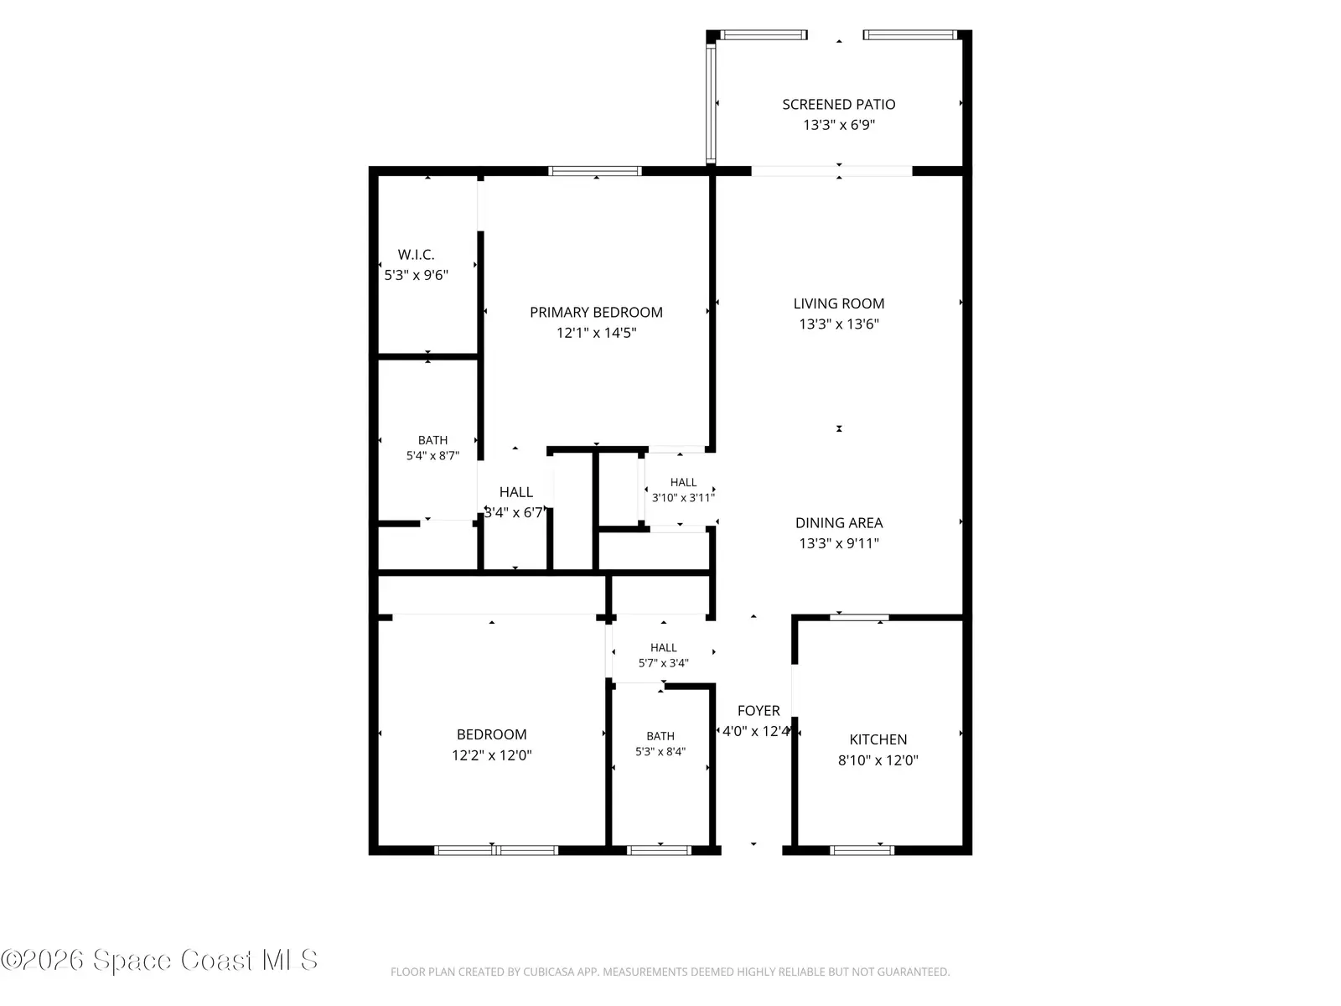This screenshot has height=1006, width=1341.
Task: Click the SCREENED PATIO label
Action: tap(838, 105)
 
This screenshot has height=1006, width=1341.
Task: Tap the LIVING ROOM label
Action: tap(838, 303)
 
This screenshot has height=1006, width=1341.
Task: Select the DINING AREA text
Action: tap(838, 523)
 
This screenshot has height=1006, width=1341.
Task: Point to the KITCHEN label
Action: tap(878, 739)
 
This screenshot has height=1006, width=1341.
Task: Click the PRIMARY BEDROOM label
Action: tap(596, 312)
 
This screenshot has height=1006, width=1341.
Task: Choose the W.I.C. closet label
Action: tap(416, 255)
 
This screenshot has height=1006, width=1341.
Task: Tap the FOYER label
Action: tap(759, 711)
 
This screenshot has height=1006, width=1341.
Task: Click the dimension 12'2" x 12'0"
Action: tap(491, 755)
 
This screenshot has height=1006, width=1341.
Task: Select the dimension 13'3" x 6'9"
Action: tap(838, 125)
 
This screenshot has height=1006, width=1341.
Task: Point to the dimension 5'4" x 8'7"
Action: tap(432, 456)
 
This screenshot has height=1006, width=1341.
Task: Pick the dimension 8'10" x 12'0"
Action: tap(878, 760)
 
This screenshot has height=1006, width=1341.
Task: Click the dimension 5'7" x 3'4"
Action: tap(664, 663)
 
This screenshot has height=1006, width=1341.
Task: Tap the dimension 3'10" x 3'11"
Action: tap(683, 498)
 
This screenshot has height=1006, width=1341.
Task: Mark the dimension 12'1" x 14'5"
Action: tap(596, 333)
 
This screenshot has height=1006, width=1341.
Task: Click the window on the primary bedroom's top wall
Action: tap(594, 171)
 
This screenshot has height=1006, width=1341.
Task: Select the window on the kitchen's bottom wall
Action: tap(862, 850)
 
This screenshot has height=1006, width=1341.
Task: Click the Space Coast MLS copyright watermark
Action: tap(159, 960)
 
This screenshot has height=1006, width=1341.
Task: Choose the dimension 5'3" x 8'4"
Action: tap(660, 752)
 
